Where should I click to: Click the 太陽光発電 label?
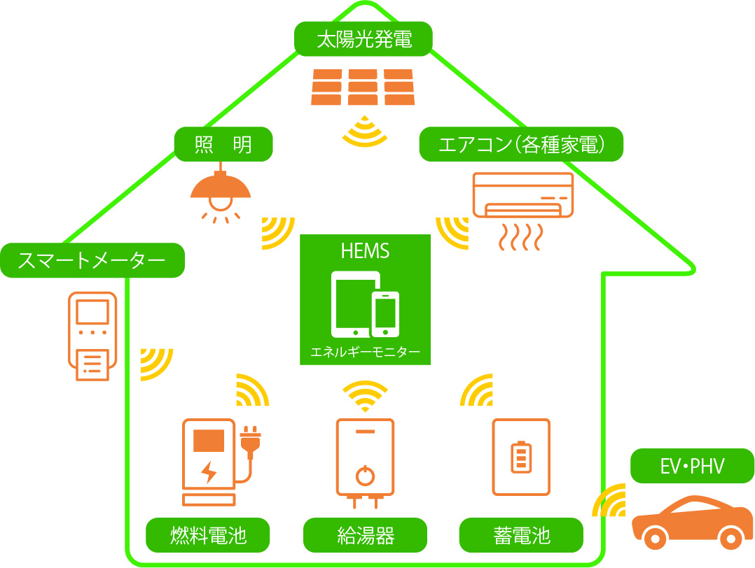[x=363, y=39]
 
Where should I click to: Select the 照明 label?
[x=223, y=145]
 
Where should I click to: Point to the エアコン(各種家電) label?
[x=521, y=145]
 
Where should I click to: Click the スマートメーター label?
[x=92, y=261]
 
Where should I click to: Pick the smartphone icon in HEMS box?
[x=386, y=314]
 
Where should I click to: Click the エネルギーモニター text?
[x=365, y=352]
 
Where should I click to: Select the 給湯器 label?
[x=365, y=535]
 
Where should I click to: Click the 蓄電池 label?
[x=521, y=535]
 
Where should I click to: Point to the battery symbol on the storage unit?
[x=521, y=456]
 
